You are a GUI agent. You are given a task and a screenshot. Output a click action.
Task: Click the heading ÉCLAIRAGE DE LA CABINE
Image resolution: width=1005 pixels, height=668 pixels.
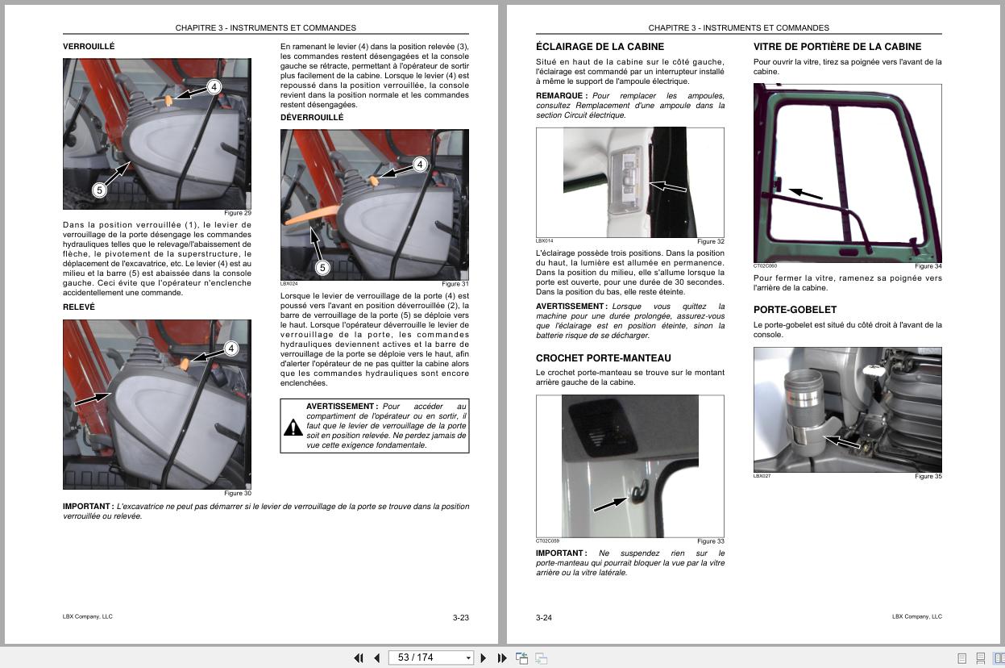coord(600,47)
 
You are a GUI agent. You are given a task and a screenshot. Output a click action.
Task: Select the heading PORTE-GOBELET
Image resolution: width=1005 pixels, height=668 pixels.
coord(795,310)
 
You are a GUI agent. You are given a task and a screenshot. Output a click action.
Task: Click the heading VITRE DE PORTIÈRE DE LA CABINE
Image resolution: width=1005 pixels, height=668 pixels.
coord(837,47)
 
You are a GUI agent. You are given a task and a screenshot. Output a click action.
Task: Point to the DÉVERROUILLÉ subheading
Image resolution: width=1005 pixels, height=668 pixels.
coord(312,118)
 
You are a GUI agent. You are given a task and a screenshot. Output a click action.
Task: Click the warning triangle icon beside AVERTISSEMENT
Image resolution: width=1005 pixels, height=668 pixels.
coord(293,427)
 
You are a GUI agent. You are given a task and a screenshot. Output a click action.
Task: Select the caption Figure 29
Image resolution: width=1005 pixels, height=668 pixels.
coord(238,213)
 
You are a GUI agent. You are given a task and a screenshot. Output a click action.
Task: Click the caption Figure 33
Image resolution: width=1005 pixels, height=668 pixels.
coord(710,541)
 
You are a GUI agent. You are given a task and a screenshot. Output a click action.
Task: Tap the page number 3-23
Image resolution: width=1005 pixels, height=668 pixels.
coord(460,618)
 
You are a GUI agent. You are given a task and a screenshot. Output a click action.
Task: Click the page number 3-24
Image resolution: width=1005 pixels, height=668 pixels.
coord(544,618)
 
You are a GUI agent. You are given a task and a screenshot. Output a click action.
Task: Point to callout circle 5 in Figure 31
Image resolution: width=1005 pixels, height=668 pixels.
coord(322,268)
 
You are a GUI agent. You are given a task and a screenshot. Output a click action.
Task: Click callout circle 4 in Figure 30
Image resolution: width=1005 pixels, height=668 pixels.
coord(231,349)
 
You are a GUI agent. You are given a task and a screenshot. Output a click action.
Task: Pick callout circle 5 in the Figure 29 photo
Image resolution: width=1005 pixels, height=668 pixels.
coord(99,190)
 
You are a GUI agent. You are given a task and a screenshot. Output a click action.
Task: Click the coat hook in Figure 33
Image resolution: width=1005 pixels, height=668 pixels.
coord(637,490)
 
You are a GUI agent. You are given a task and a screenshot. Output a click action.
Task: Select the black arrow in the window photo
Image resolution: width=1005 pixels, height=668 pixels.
coord(805,194)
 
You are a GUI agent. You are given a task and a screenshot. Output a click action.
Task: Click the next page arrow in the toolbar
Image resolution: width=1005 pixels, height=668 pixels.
coord(483,658)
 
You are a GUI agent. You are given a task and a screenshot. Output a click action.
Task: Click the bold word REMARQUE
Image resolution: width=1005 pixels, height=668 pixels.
coord(561,96)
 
